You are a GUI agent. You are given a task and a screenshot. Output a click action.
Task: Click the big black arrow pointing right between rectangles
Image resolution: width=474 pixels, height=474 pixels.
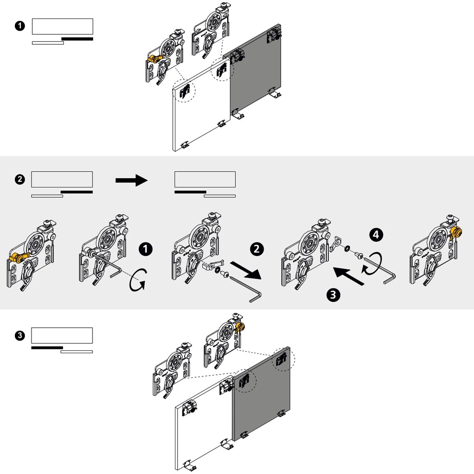click(131, 180)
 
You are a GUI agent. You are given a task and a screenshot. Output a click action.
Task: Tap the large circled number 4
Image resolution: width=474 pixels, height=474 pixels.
click(375, 235)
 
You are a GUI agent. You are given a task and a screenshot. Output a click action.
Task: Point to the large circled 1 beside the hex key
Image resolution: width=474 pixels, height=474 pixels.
click(145, 249)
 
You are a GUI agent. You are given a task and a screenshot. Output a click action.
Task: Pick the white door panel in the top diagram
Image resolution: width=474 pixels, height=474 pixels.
click(201, 111)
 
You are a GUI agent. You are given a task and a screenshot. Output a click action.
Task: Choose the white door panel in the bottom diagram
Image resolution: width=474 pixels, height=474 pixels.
click(204, 430)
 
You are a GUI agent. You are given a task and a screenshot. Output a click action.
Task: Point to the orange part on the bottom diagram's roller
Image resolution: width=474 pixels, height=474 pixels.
click(239, 328)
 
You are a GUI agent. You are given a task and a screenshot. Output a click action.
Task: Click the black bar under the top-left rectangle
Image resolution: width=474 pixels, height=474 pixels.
click(77, 39)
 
